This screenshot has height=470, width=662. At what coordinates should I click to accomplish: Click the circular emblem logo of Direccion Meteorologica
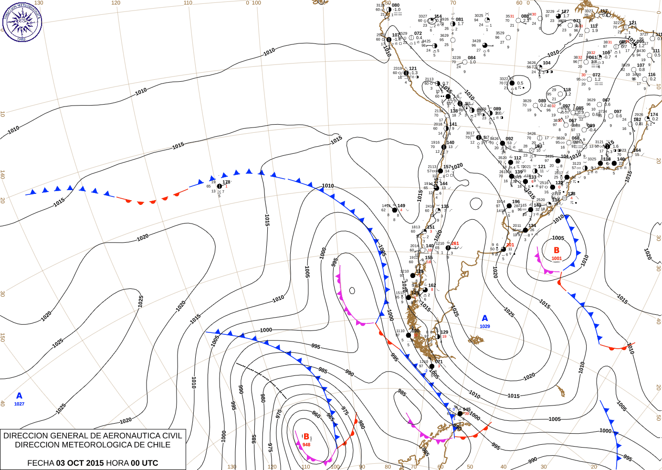22,21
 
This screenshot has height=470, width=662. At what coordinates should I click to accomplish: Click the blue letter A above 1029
485,318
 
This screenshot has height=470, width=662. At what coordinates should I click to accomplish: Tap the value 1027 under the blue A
19,404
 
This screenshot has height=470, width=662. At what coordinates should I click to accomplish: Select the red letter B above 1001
557,250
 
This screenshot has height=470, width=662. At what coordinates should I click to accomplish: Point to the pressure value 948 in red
306,445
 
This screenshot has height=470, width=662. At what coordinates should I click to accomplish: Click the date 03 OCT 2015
80,463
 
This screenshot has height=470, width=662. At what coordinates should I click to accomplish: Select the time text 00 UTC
144,463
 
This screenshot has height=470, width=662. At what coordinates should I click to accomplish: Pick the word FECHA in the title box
40,463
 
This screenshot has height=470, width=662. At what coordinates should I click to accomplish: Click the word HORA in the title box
117,463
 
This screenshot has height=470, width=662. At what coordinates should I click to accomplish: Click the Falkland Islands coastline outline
476,340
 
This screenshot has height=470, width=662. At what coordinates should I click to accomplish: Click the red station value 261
455,244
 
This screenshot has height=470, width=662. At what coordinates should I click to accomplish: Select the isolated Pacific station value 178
226,182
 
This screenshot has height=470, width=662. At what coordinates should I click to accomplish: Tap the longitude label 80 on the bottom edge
388,467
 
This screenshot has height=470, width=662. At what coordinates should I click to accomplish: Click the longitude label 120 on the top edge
116,3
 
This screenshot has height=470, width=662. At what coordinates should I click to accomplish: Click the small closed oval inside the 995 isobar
352,290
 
